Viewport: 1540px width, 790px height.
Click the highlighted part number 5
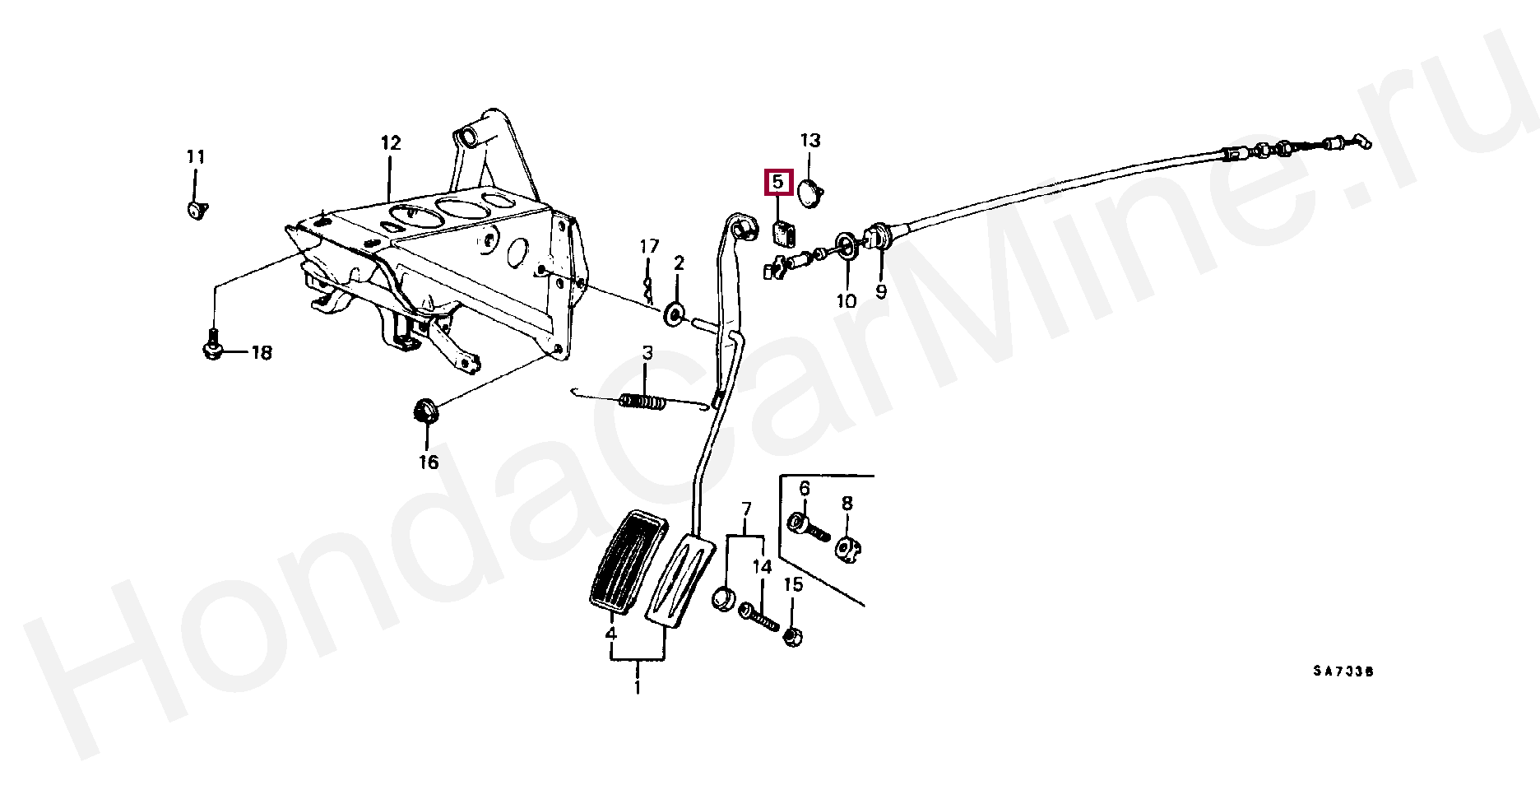(x=778, y=182)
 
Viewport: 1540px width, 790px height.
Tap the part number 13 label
(x=810, y=141)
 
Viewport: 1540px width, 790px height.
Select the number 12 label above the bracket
(x=391, y=143)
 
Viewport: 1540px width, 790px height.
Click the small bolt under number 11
(x=197, y=210)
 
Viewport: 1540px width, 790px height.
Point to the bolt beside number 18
(x=212, y=345)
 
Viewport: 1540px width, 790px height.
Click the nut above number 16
(x=424, y=410)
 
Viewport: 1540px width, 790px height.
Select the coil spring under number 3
(x=642, y=402)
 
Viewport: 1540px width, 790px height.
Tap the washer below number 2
(x=675, y=314)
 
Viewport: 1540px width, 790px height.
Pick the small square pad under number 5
(x=783, y=234)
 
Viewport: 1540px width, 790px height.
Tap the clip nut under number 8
(x=848, y=549)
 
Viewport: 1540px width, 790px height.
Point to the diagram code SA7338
(x=1343, y=671)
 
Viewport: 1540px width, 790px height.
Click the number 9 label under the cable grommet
(x=881, y=292)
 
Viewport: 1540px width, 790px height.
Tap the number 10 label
(x=847, y=301)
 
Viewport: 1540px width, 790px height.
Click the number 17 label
(x=650, y=246)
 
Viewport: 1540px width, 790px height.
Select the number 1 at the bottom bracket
(x=638, y=686)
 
